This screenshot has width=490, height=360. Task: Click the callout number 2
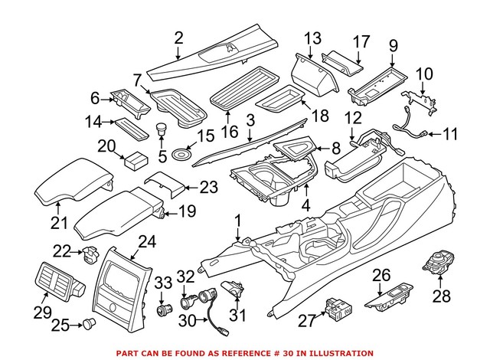[x=178, y=37]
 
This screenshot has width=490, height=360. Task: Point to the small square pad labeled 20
[x=136, y=162]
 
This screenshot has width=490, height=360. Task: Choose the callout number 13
[x=312, y=38]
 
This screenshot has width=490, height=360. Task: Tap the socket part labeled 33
[x=162, y=310]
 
